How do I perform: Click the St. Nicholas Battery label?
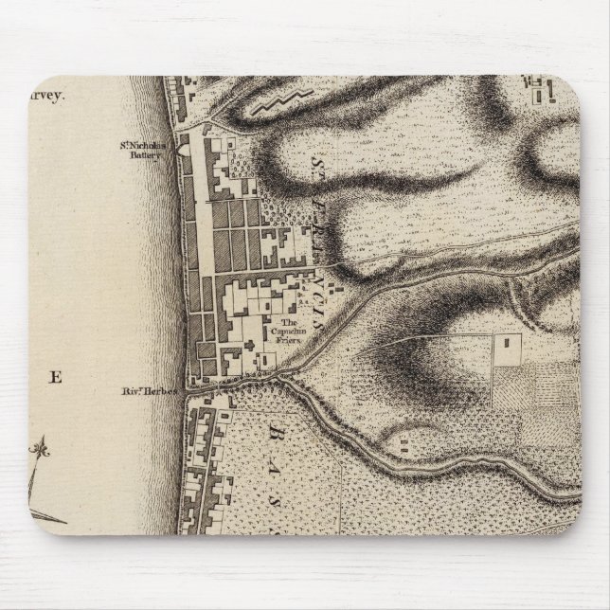click(x=147, y=152)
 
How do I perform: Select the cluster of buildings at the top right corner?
click(x=542, y=92)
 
